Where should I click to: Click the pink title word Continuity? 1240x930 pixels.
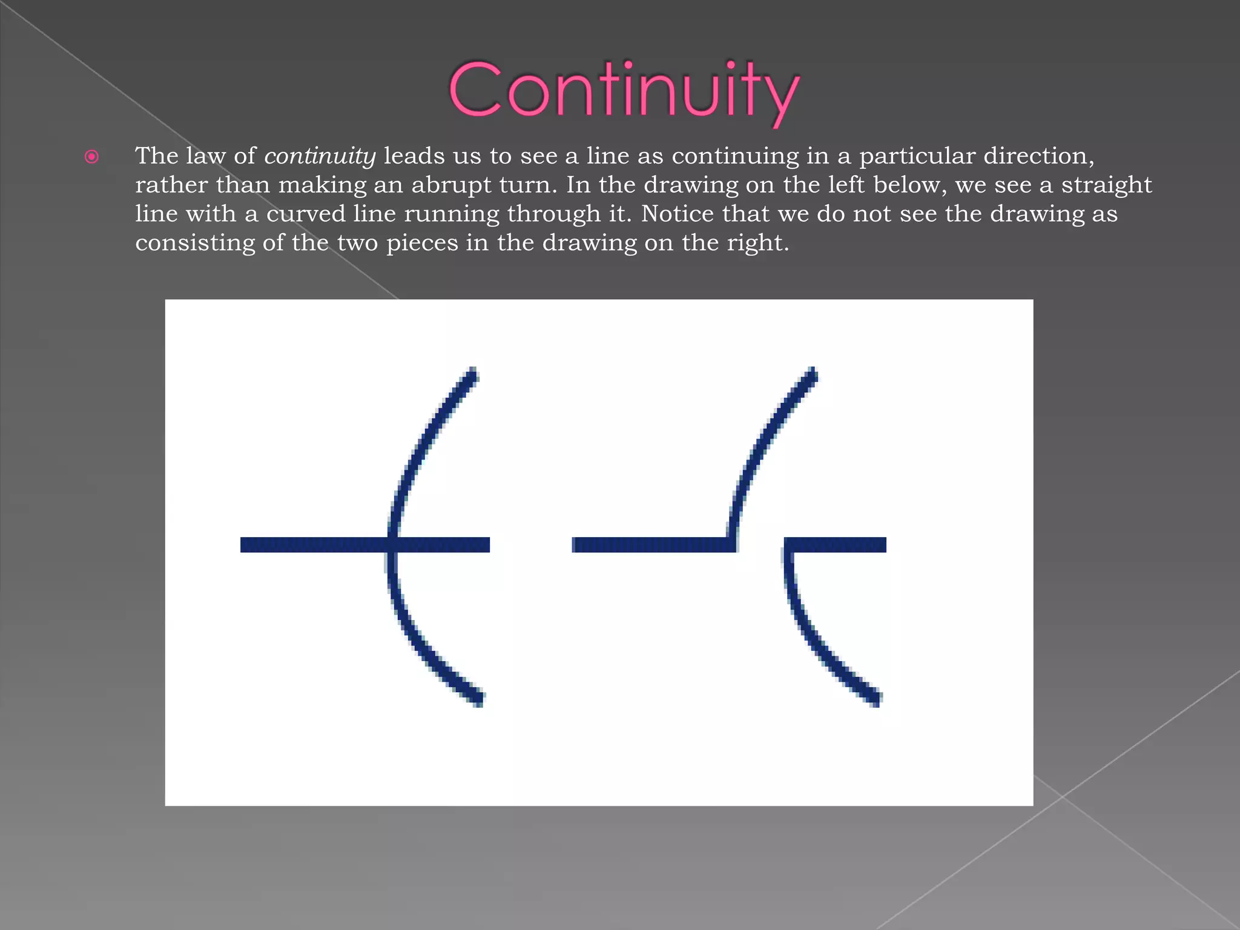coord(624,91)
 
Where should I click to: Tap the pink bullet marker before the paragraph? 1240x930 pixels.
coord(91,157)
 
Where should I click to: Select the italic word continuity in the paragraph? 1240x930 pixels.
coord(320,156)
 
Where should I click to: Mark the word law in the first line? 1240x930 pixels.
coord(205,156)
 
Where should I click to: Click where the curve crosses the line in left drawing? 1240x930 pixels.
coord(393,544)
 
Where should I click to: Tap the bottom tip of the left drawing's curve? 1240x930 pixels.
coord(478,700)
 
